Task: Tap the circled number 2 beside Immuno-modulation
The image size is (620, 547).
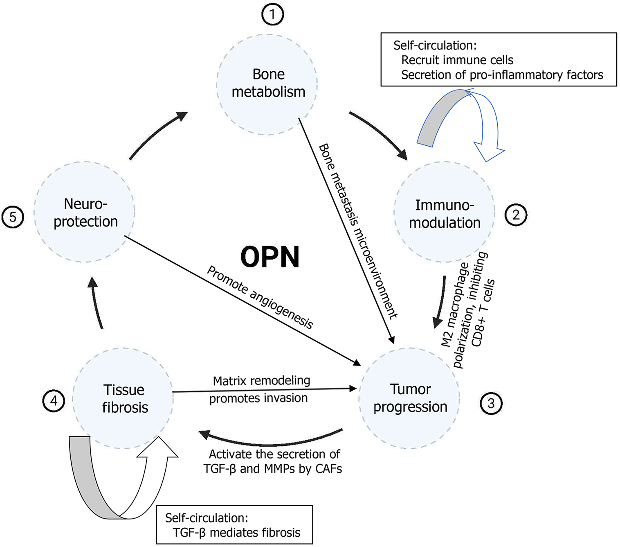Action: [515, 215]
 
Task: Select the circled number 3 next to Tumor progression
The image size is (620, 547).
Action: [490, 403]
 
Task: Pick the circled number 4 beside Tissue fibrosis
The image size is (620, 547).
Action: [54, 401]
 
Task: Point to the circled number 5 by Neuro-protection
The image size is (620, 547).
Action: [13, 217]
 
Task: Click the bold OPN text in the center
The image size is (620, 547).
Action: [270, 257]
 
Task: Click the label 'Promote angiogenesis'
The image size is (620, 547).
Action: [260, 298]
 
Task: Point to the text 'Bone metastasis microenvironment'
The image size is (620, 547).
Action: [358, 231]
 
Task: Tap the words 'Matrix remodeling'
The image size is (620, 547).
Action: [261, 381]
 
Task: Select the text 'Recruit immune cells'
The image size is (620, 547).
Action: [457, 60]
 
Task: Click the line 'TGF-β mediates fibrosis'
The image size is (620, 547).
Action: [236, 532]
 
